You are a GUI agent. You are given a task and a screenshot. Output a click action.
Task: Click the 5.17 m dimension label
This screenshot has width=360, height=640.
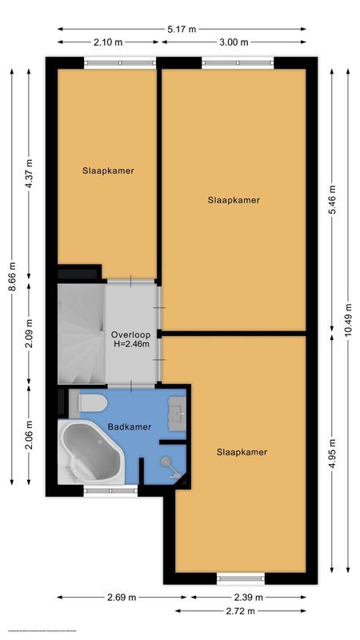click(182, 29)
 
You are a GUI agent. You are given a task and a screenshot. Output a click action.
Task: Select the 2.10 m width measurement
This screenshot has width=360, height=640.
click(107, 42)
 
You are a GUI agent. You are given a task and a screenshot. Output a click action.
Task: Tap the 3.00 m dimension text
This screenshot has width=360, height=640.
click(233, 42)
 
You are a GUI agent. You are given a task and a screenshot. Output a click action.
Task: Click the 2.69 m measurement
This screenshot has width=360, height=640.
click(122, 598)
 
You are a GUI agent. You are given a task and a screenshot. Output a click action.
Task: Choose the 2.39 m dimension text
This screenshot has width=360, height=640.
click(248, 598)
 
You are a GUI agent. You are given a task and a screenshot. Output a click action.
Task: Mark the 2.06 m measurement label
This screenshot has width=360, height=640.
click(29, 434)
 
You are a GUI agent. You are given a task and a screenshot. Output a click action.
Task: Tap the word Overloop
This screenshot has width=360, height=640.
click(130, 335)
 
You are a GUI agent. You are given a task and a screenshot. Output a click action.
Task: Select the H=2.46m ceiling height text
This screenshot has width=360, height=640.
click(130, 345)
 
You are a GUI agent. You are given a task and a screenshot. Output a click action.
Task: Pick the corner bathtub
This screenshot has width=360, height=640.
click(90, 454)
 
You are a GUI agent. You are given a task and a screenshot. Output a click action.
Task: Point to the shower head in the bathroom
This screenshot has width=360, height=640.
click(167, 462)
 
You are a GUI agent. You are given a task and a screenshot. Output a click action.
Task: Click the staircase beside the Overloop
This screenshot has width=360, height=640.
click(80, 334)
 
